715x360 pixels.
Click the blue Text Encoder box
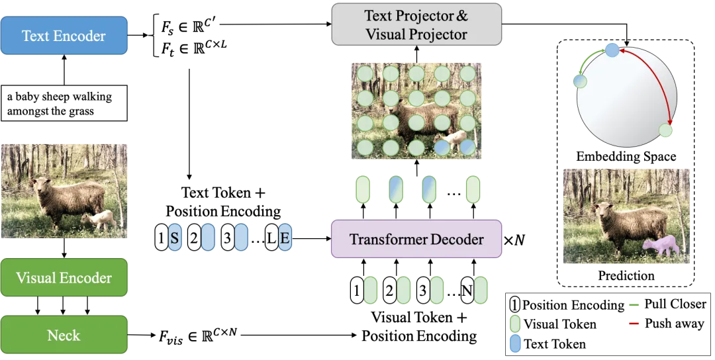point(64,36)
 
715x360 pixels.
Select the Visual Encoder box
point(64,278)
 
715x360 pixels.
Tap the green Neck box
point(64,335)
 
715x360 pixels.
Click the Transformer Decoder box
point(416,240)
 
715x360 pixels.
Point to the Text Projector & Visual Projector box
point(416,25)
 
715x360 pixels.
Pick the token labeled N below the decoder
point(467,291)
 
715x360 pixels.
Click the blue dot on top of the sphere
point(612,49)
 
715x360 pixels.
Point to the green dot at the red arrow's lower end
point(666,130)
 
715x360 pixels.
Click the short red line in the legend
point(634,324)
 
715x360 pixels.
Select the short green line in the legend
point(634,305)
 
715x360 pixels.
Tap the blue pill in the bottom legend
point(515,343)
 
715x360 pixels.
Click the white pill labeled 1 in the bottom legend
point(515,304)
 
